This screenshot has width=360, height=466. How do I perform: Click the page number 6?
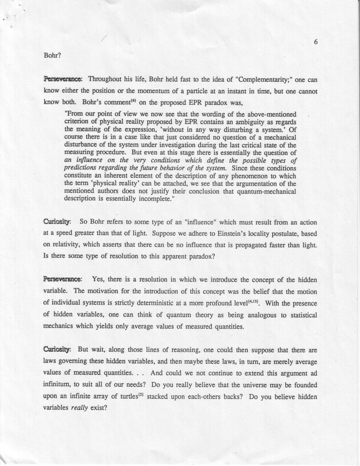(x=316, y=43)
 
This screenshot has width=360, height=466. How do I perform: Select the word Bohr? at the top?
(x=51, y=56)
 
